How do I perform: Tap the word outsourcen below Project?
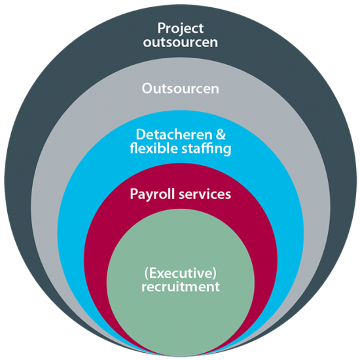click(181, 43)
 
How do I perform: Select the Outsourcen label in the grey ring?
click(181, 88)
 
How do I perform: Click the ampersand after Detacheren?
click(221, 135)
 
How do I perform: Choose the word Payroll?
click(152, 194)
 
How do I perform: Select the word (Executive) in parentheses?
click(181, 274)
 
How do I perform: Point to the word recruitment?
click(181, 287)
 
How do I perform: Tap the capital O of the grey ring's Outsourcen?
click(147, 88)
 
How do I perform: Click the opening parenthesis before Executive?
click(146, 274)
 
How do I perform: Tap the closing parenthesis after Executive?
click(215, 274)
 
